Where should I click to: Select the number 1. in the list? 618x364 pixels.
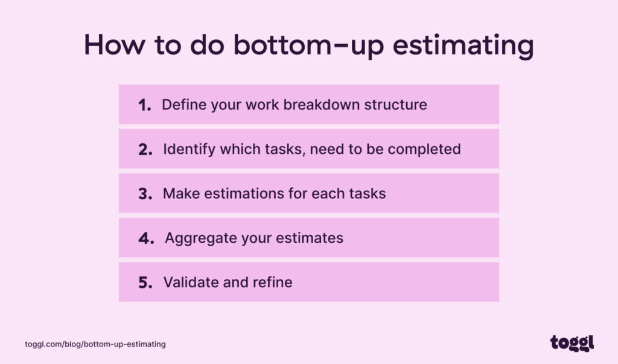coord(145,105)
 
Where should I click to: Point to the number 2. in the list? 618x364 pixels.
coord(145,150)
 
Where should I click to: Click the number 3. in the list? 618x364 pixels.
coord(145,194)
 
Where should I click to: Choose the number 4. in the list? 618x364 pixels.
coord(146,238)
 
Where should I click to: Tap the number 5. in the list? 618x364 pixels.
coord(145,283)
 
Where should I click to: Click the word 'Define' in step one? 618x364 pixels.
coord(183,104)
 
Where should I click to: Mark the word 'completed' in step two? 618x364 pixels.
coord(427,149)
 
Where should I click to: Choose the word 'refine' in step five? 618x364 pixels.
coord(273,282)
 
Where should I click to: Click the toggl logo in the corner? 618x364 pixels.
coord(572,343)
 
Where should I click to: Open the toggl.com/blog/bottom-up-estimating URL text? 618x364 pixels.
coord(95,344)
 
